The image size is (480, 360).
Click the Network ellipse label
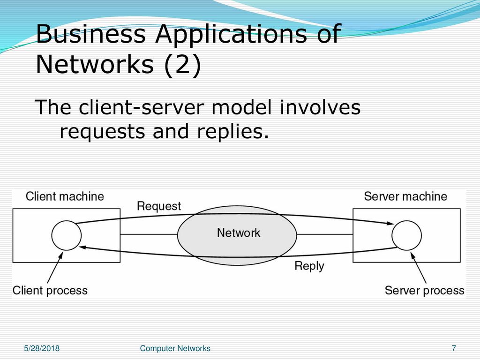(239, 233)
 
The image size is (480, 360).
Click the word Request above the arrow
(159, 206)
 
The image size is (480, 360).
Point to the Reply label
(309, 266)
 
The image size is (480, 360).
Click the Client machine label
(65, 196)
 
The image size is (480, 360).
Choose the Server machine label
(405, 196)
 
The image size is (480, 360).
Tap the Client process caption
(50, 291)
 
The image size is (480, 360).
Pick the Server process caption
(425, 291)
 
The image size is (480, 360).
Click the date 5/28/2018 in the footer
(42, 348)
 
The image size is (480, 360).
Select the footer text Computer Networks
(175, 348)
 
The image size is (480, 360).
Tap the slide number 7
(454, 348)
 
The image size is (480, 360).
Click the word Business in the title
(91, 33)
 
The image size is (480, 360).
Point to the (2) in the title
(183, 65)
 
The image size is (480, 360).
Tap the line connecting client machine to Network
(149, 234)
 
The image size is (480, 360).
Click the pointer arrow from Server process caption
(419, 268)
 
